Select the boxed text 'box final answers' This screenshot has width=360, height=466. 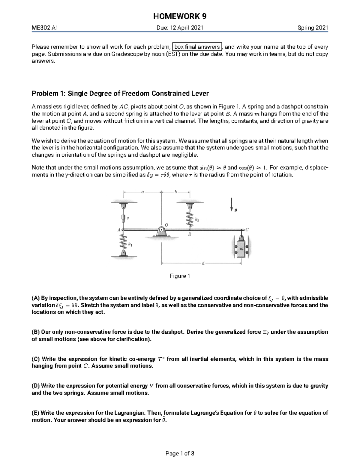[x=197, y=47]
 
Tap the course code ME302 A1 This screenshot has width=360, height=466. [x=45, y=28]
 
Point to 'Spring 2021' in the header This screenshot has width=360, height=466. [x=313, y=28]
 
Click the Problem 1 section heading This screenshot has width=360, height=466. [x=120, y=93]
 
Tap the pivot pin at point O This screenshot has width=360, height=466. [x=161, y=230]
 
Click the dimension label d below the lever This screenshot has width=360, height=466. [x=203, y=263]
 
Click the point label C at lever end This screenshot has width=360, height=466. [x=247, y=230]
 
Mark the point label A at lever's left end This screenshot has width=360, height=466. [x=118, y=230]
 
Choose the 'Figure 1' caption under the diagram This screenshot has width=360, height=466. [x=180, y=276]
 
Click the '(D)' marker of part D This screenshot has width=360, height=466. [x=36, y=386]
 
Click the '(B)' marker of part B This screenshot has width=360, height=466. [x=36, y=332]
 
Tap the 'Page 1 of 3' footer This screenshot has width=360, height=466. [x=180, y=453]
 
